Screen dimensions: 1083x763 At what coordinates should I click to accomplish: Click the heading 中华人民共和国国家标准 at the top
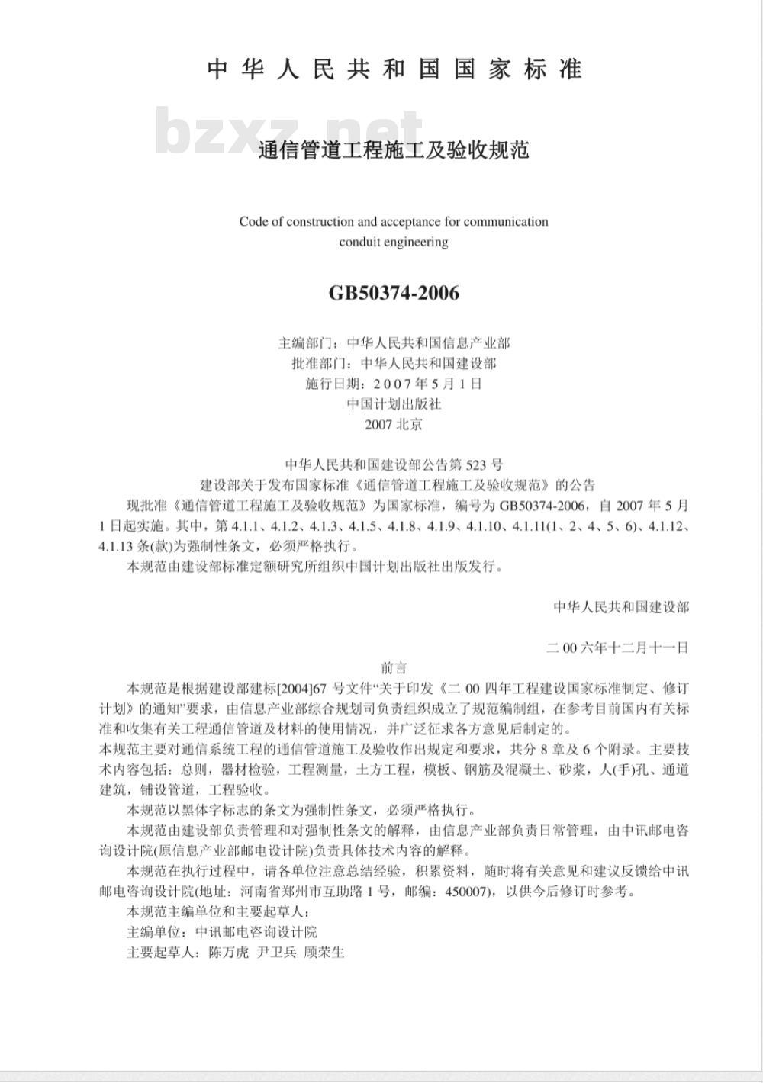pyautogui.click(x=394, y=69)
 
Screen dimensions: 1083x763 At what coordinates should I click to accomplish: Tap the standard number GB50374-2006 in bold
pyautogui.click(x=394, y=293)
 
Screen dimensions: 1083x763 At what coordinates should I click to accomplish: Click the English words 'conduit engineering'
pyautogui.click(x=394, y=243)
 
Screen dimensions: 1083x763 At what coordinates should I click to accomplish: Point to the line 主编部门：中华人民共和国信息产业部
pyautogui.click(x=394, y=343)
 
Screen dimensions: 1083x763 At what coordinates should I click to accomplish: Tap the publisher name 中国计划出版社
pyautogui.click(x=394, y=404)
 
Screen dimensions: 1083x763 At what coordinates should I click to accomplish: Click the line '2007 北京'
pyautogui.click(x=394, y=425)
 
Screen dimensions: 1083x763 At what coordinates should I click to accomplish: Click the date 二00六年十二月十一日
pyautogui.click(x=618, y=648)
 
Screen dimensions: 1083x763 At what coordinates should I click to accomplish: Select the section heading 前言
pyautogui.click(x=394, y=668)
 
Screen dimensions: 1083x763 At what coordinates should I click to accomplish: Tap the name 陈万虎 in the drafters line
pyautogui.click(x=224, y=952)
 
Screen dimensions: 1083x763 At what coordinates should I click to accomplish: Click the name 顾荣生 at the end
pyautogui.click(x=324, y=952)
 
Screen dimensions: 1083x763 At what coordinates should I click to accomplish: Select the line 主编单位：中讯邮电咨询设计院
pyautogui.click(x=221, y=932)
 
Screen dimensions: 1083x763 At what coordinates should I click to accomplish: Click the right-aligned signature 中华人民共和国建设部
pyautogui.click(x=621, y=607)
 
